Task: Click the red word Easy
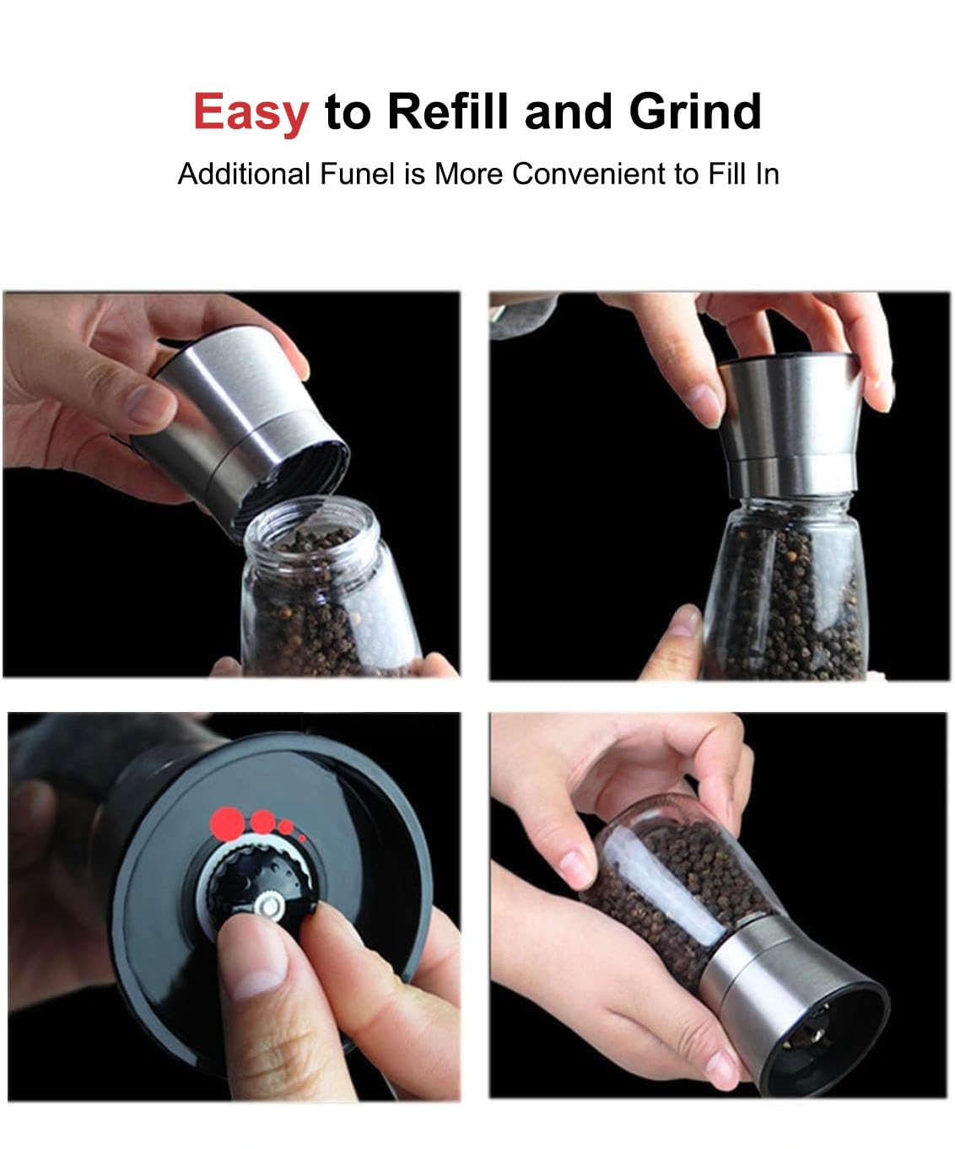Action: coord(251,112)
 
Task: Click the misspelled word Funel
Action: coord(357,174)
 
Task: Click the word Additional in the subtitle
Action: coord(245,174)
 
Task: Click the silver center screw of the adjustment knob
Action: coord(270,905)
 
